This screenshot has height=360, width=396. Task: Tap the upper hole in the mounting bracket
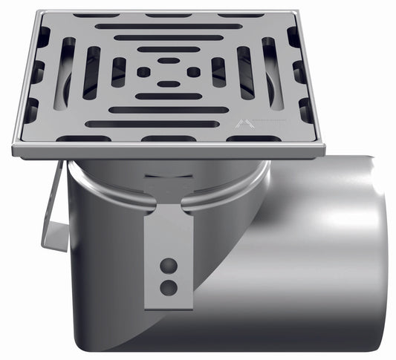[169, 264]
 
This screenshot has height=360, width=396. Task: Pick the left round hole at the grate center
[143, 72]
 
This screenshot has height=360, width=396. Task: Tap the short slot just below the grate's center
[169, 85]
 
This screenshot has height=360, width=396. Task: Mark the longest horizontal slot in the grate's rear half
[169, 27]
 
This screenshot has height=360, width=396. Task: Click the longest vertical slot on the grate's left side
[65, 73]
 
